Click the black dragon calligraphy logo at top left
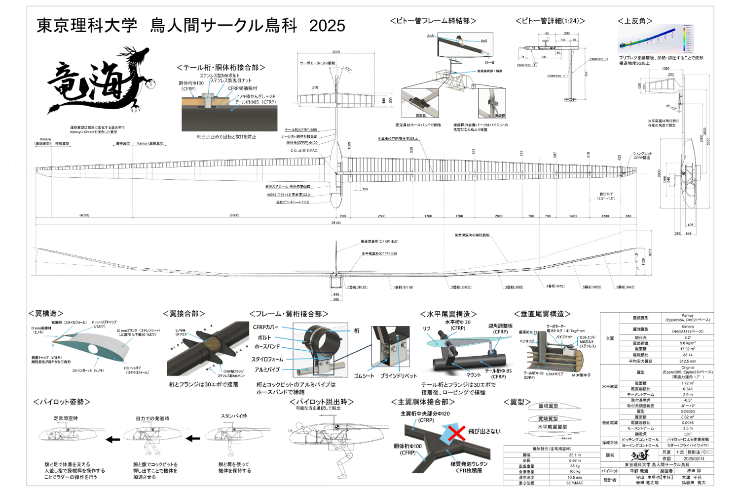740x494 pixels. click(99, 82)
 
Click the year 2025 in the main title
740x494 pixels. click(327, 26)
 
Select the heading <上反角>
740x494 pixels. click(635, 21)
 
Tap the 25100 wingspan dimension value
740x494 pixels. click(336, 223)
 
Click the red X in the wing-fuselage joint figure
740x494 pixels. click(457, 433)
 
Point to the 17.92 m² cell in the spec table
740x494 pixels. click(688, 349)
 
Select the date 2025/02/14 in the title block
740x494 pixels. click(694, 458)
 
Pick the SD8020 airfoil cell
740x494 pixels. click(688, 411)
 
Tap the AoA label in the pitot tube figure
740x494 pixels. click(430, 36)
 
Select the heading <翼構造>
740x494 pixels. click(46, 313)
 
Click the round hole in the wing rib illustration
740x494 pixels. click(93, 349)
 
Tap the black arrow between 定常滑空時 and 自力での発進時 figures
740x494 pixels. click(113, 439)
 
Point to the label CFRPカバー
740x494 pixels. click(265, 327)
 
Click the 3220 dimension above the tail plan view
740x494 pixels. click(336, 52)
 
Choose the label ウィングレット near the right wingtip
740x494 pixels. click(642, 154)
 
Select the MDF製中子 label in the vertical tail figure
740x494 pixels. click(581, 375)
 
